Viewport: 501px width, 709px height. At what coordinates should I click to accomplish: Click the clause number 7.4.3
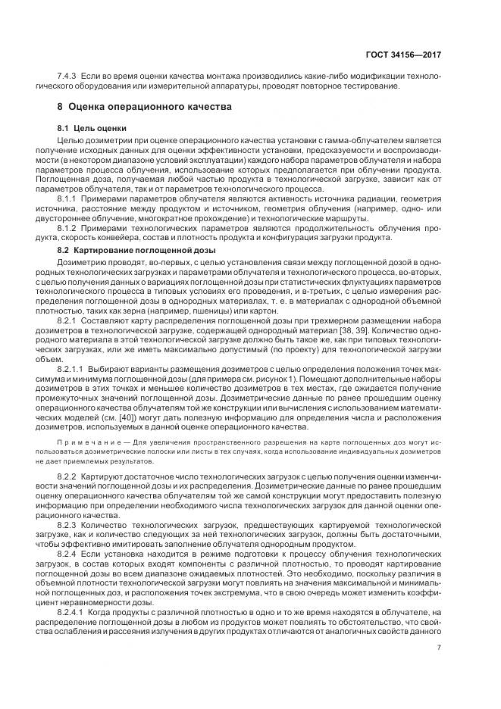click(x=70, y=78)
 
